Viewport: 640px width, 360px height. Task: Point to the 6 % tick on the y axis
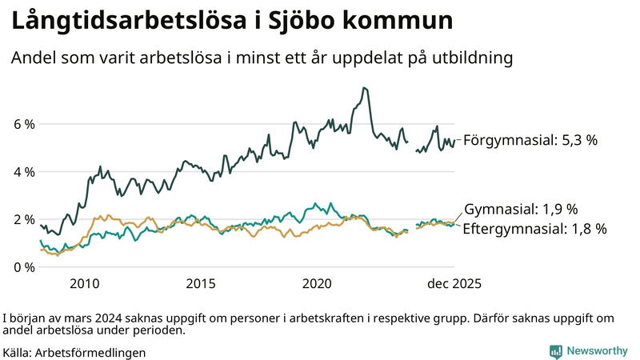23,125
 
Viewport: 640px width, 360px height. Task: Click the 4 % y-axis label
23,172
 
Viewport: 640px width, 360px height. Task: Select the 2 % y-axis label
23,219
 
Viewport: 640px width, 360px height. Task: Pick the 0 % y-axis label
23,266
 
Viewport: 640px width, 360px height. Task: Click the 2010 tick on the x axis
85,284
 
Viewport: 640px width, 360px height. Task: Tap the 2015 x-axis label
201,284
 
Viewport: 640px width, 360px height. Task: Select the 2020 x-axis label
318,284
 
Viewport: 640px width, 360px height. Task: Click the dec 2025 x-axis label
454,284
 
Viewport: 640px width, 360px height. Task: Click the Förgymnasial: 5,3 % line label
530,140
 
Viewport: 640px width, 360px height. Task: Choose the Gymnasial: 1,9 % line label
521,210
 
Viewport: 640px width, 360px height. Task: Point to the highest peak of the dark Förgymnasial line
364,88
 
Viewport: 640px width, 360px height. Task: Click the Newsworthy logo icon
555,351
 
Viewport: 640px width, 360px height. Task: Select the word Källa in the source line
18,352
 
